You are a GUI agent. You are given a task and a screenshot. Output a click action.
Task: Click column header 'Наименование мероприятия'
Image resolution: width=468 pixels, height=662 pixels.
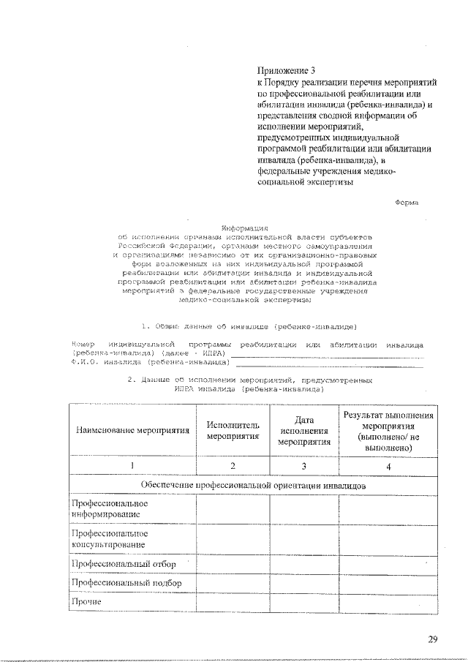point(132,430)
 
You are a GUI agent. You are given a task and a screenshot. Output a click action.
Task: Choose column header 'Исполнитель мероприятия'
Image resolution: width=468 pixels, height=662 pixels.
point(233,430)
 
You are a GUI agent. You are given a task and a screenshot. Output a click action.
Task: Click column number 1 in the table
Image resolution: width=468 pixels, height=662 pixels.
point(132,466)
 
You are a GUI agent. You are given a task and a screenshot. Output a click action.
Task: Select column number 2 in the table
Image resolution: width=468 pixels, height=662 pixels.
point(233,466)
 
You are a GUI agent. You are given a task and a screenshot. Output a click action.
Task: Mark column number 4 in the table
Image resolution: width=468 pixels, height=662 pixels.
point(389,466)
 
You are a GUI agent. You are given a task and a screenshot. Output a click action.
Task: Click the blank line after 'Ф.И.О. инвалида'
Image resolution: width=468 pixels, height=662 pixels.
point(329,361)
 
